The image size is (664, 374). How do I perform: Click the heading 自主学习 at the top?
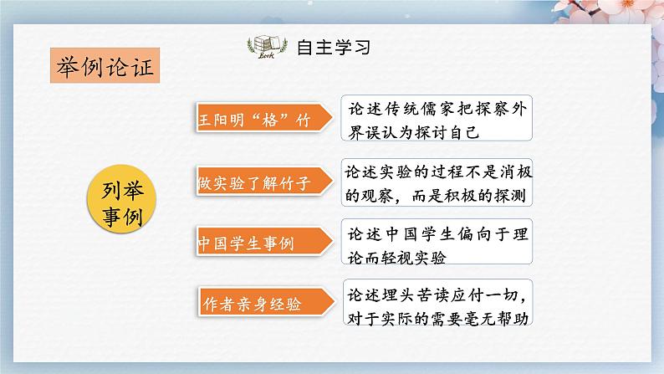tap(333, 47)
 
